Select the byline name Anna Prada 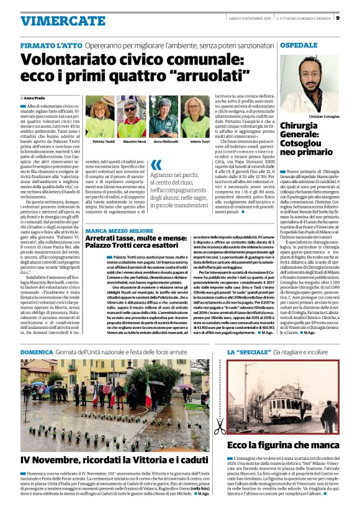coord(34,98)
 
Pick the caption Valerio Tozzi coord(199,141)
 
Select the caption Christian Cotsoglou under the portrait coord(324,116)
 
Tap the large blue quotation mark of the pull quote coord(157,165)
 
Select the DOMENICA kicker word coord(37,353)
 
